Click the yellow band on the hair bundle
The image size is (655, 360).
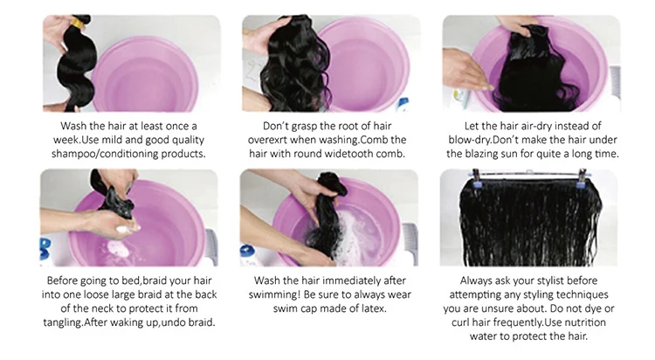[77, 23]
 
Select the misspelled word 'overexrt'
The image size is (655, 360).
[268, 140]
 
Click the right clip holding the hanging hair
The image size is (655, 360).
[581, 178]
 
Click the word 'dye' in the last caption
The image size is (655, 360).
[593, 309]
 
